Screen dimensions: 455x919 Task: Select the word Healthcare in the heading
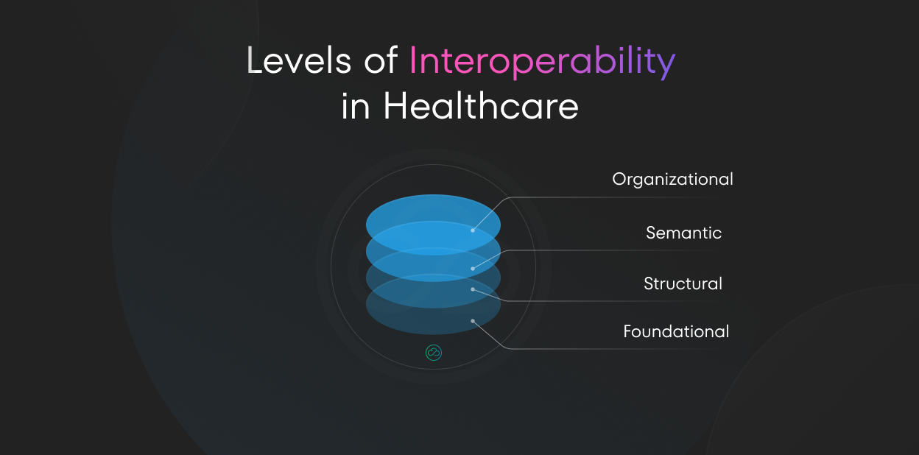click(x=481, y=107)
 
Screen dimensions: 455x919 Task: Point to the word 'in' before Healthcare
click(x=355, y=107)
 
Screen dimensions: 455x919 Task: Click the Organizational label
click(x=672, y=179)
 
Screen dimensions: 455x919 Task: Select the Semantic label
click(x=683, y=233)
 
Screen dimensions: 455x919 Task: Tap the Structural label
click(x=683, y=283)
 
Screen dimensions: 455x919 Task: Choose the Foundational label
click(x=676, y=331)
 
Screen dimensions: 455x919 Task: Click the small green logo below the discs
click(x=433, y=353)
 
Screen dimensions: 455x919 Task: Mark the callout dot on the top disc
click(x=473, y=230)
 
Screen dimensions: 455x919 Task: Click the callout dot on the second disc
click(x=473, y=269)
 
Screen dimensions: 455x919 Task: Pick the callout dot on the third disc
click(x=473, y=289)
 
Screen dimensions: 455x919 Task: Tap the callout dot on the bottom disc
click(x=473, y=321)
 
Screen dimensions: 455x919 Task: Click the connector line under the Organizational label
click(x=619, y=197)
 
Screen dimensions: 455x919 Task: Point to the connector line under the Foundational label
click(x=619, y=348)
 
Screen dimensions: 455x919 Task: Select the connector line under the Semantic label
click(x=619, y=250)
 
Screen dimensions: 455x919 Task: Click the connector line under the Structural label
click(x=619, y=300)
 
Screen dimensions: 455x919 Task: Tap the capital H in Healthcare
click(x=395, y=107)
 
